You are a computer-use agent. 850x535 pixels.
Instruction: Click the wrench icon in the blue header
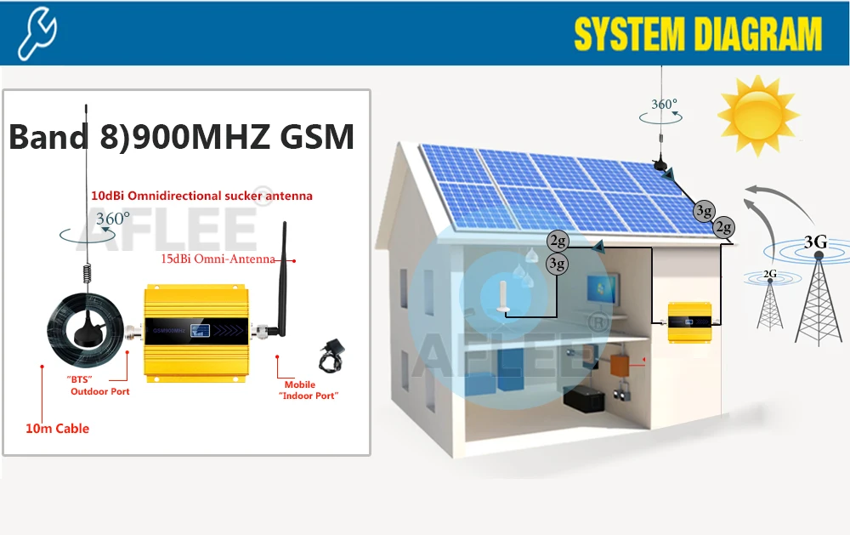37,32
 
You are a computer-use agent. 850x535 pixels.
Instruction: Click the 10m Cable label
57,428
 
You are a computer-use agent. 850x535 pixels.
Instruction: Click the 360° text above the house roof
664,105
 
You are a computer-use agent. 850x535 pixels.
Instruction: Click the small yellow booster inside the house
689,322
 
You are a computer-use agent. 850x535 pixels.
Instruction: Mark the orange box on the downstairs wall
618,365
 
